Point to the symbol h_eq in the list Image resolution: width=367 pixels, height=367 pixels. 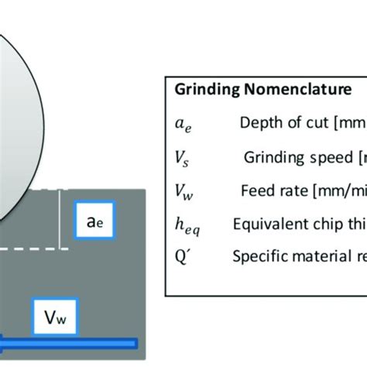(186, 225)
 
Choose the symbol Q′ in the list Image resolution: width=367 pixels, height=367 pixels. (183, 256)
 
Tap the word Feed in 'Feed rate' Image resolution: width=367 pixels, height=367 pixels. (259, 190)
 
